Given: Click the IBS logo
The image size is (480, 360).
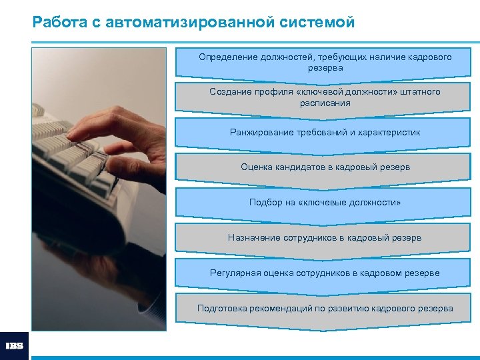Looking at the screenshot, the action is (x=14, y=346).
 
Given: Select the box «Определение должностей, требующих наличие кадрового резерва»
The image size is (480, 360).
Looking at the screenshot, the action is (x=325, y=63).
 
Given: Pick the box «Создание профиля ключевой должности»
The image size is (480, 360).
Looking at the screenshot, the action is (x=325, y=97).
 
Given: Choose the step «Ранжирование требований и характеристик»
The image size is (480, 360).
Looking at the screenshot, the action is (x=325, y=133).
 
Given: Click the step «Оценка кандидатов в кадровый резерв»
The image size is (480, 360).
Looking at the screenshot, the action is (x=325, y=167).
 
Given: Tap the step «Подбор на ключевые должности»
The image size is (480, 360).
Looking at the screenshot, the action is (x=325, y=202).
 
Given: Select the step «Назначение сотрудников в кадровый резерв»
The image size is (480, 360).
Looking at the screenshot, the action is (x=325, y=237).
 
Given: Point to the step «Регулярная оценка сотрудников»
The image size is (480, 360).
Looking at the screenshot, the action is (x=325, y=273).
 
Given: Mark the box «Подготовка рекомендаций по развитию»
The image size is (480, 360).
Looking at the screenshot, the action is (x=325, y=308).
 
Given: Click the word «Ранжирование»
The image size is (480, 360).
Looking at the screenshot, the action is (x=260, y=133).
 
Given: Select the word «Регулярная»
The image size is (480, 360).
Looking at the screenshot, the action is (x=233, y=273).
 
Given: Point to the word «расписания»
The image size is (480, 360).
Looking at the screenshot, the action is (x=325, y=103).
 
